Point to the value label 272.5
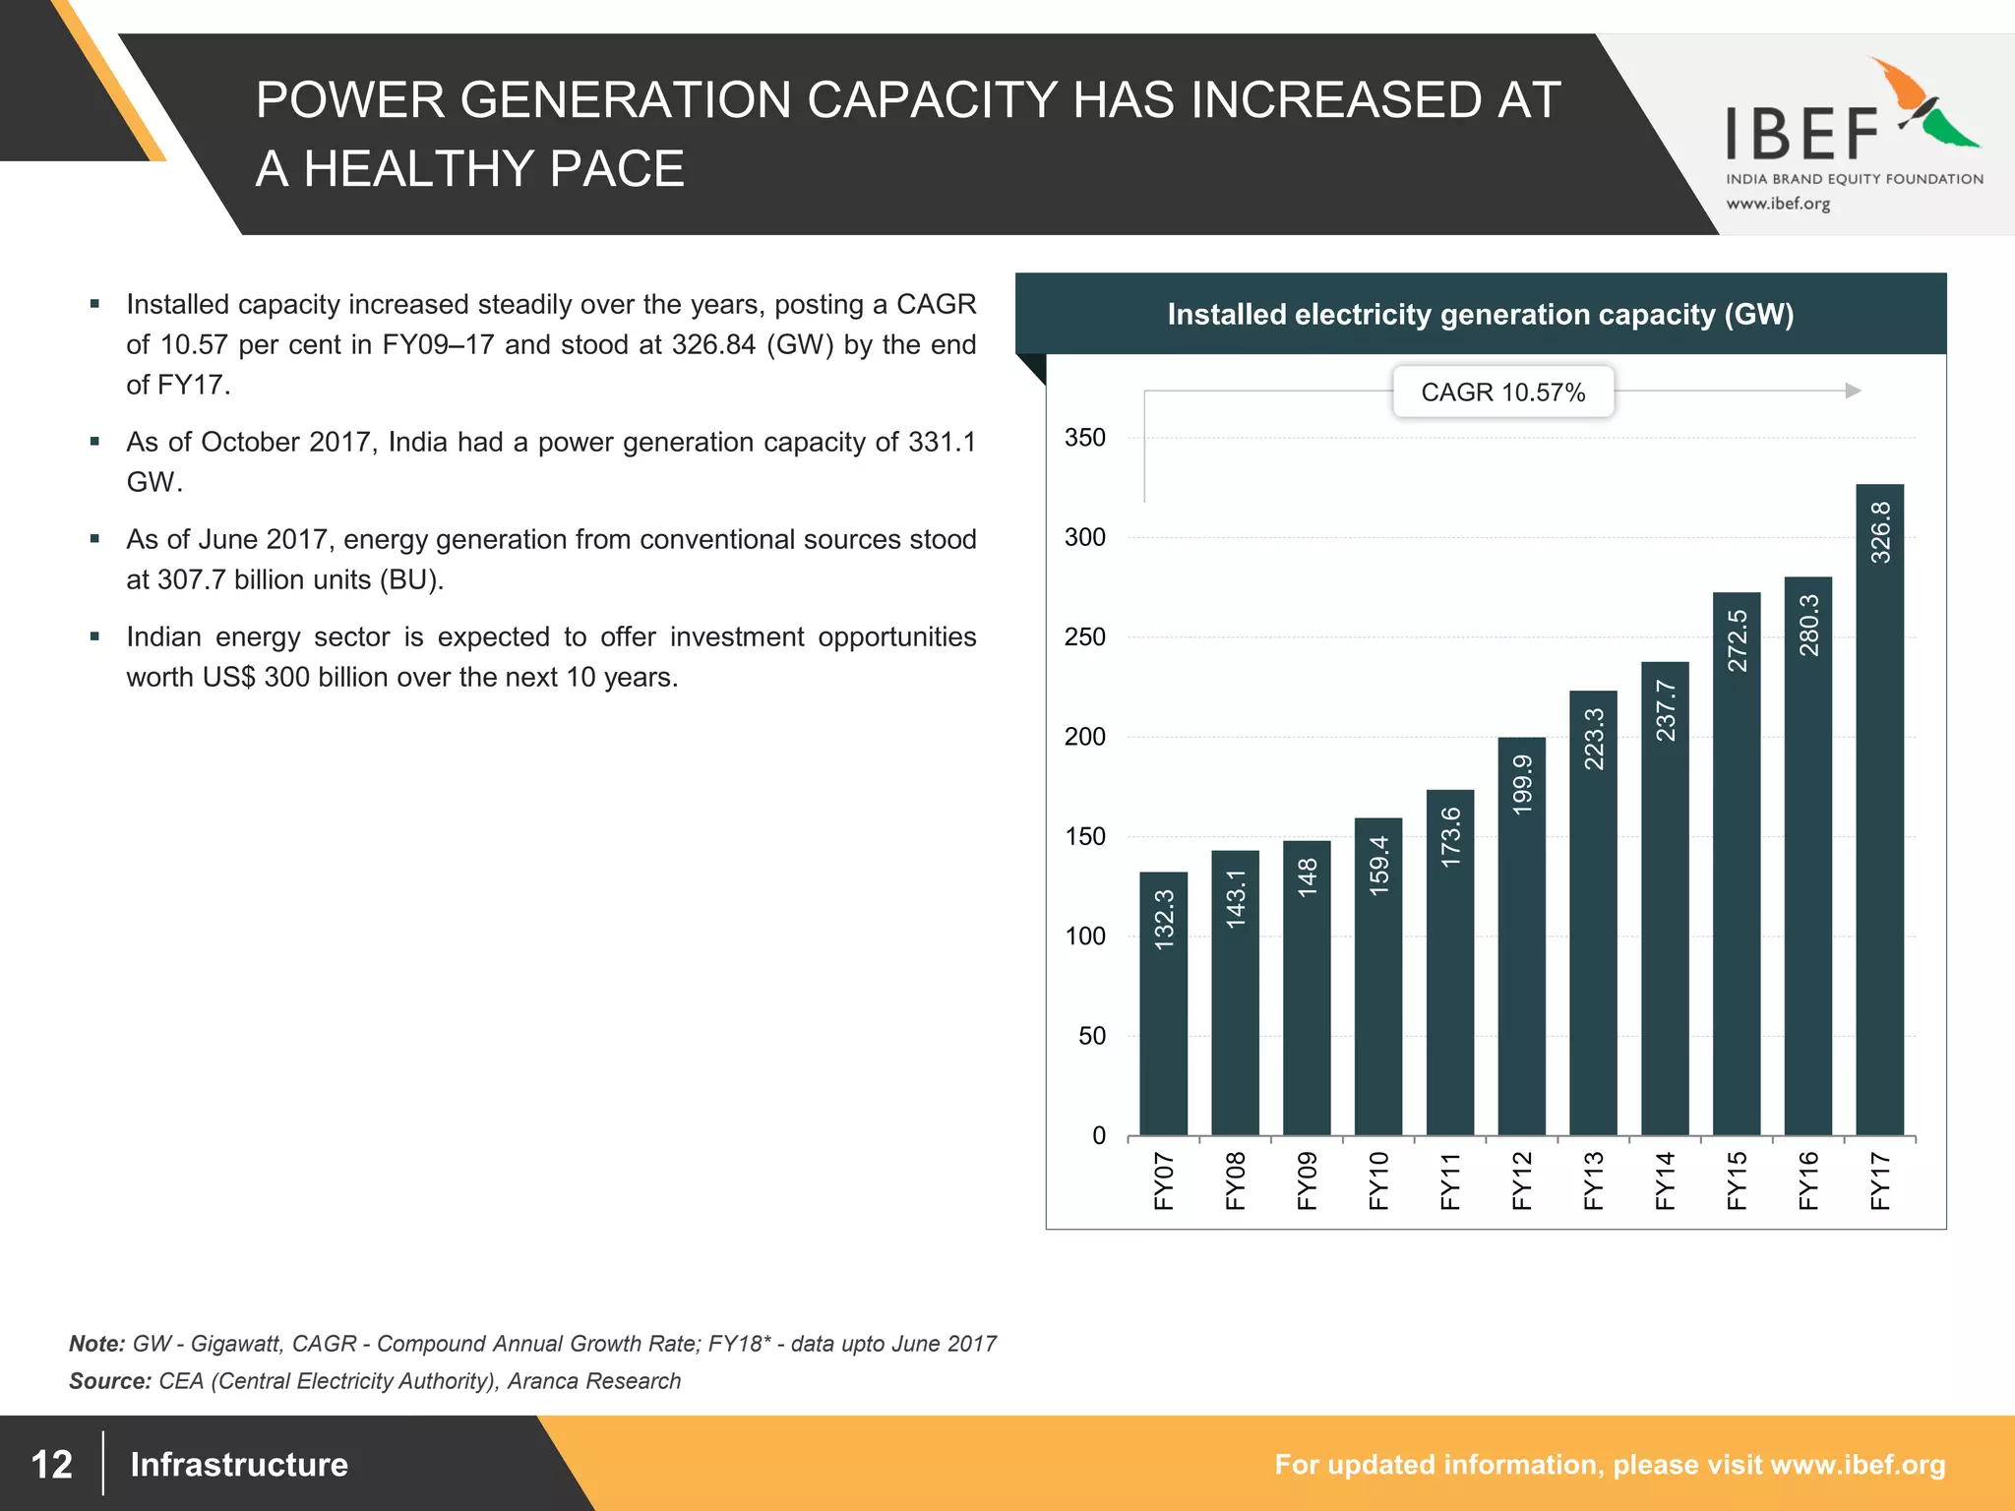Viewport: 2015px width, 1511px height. point(1738,640)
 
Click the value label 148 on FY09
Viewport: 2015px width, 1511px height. point(1308,876)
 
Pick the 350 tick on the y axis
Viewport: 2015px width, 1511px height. point(1085,438)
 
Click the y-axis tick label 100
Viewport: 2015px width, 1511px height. point(1085,937)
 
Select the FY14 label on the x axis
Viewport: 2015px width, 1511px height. point(1665,1179)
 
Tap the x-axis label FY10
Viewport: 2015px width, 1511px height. point(1378,1179)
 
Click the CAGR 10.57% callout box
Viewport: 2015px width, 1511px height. point(1502,393)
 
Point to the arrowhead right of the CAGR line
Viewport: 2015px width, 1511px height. point(1853,391)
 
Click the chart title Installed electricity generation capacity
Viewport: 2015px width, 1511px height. point(1480,315)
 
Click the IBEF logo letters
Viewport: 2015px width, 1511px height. point(1802,136)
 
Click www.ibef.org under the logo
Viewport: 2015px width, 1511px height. point(1778,204)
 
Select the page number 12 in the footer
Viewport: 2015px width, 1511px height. point(52,1464)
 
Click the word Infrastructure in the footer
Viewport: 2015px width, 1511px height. point(239,1464)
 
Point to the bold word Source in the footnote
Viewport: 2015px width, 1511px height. point(108,1381)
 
